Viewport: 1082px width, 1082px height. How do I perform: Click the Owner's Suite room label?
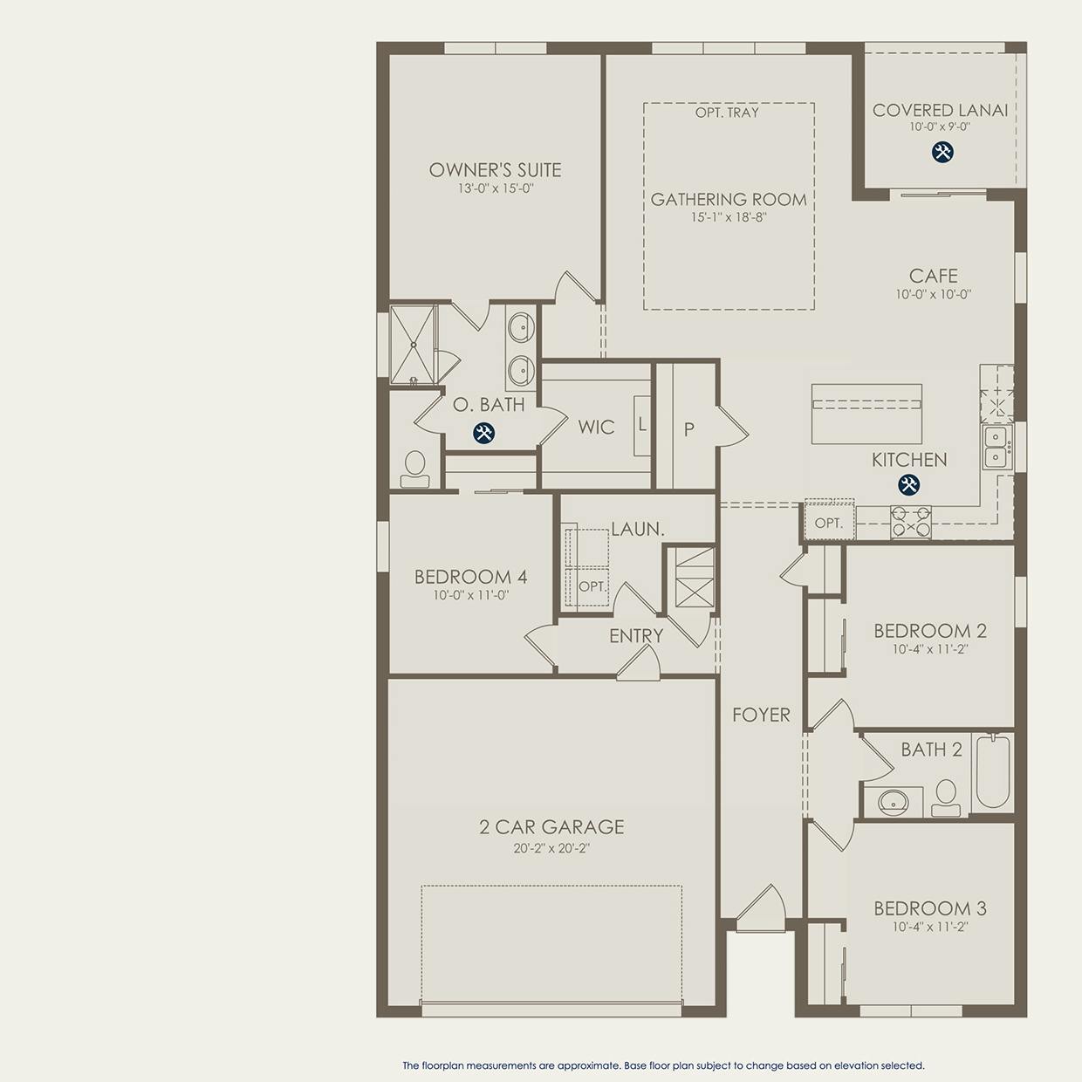point(496,170)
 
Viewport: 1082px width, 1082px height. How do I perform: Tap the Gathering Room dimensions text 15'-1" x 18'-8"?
point(729,217)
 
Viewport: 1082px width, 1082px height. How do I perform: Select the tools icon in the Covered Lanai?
point(942,152)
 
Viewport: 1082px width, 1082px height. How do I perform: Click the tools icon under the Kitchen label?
point(908,484)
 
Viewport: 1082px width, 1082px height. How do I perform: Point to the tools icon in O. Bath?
point(483,433)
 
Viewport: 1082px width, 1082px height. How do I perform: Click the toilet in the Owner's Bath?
point(415,469)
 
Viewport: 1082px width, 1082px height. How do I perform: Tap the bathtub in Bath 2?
point(993,772)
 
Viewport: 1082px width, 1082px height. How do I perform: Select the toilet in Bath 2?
point(946,798)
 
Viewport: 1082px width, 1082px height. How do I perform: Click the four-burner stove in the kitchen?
point(911,522)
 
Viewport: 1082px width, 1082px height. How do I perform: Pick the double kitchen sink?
point(997,447)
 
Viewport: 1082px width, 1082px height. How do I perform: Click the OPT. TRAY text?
point(727,113)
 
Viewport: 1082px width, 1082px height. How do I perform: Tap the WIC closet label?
point(596,428)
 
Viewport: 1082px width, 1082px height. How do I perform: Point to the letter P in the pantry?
point(689,429)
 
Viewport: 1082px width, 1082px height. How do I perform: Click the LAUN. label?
point(638,529)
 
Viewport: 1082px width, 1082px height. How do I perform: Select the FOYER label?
point(762,715)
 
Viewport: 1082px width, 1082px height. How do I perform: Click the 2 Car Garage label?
point(552,827)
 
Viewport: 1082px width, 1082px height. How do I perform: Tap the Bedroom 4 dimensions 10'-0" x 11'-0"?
point(470,595)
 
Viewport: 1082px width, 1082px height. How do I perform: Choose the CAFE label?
point(933,276)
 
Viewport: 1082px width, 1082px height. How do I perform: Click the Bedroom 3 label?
point(930,908)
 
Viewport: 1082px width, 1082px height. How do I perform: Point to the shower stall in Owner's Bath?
point(413,344)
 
